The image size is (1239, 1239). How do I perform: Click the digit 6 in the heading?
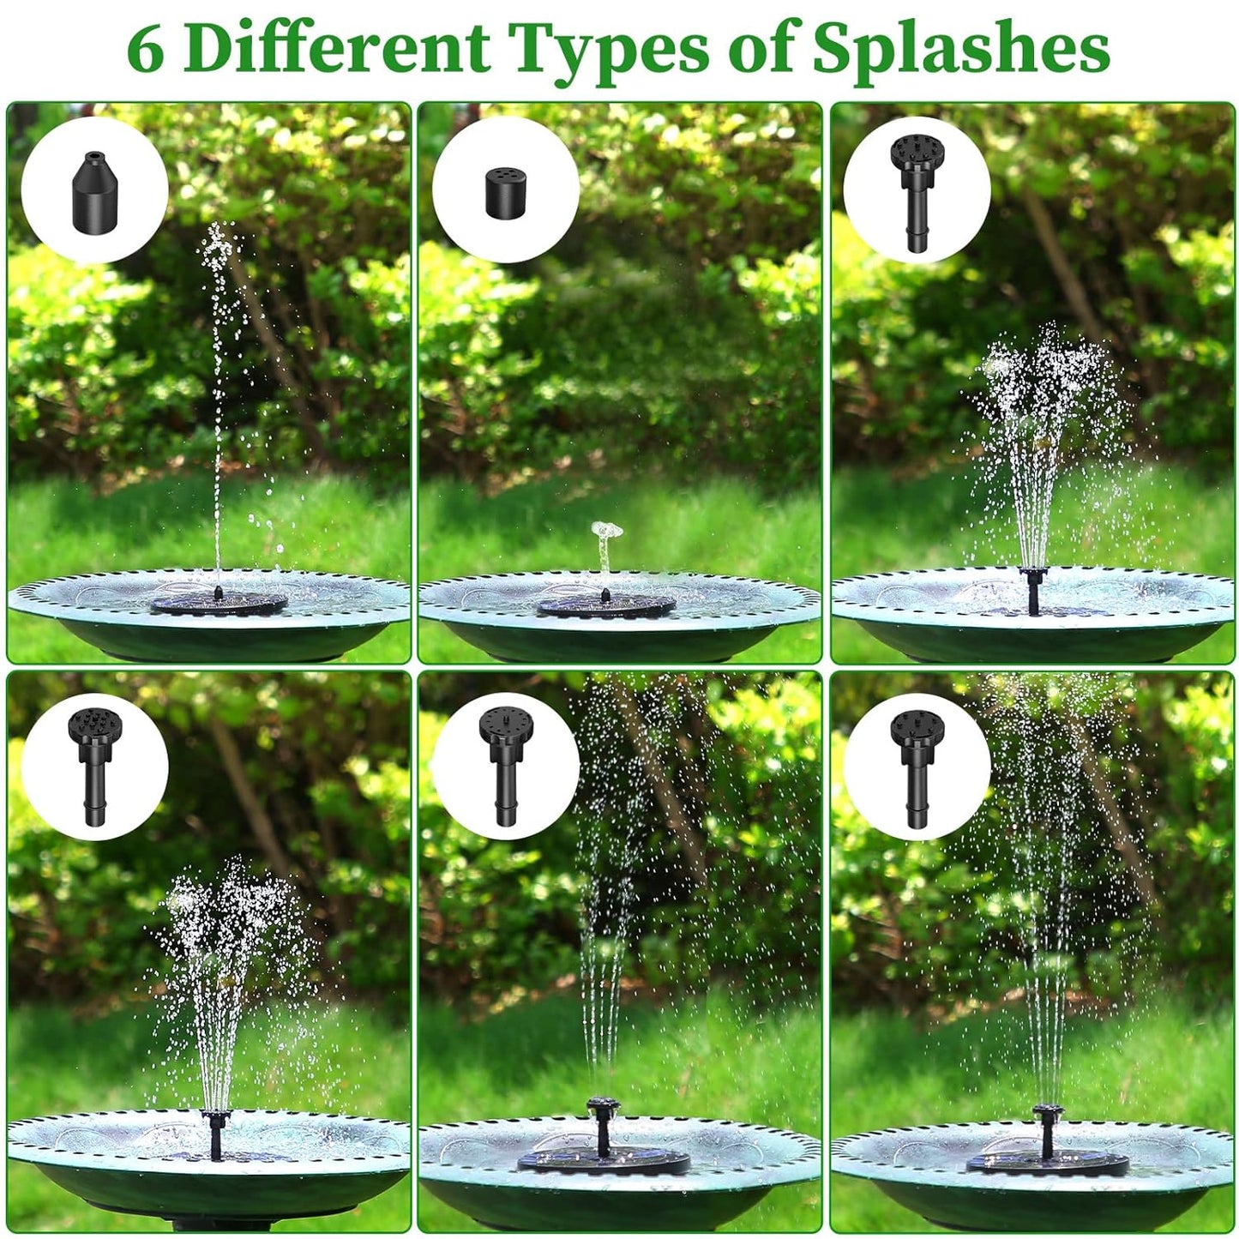[x=146, y=50]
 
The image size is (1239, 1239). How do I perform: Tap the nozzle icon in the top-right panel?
[x=916, y=190]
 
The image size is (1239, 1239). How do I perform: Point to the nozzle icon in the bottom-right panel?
[x=916, y=765]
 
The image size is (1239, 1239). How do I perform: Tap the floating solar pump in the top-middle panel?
[x=606, y=605]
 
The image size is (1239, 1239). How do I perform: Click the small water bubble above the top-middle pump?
[x=607, y=535]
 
